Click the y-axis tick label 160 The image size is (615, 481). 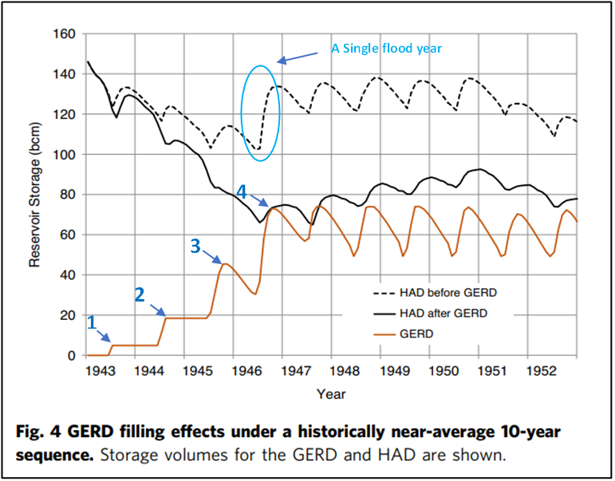[64, 34]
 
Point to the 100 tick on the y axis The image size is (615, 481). [64, 155]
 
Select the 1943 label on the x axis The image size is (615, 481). [100, 372]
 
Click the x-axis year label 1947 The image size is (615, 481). [295, 372]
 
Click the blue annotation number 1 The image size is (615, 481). [92, 322]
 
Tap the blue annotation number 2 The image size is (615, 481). [139, 295]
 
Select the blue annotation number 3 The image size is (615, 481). [195, 246]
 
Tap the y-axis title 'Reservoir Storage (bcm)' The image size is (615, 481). [35, 195]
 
